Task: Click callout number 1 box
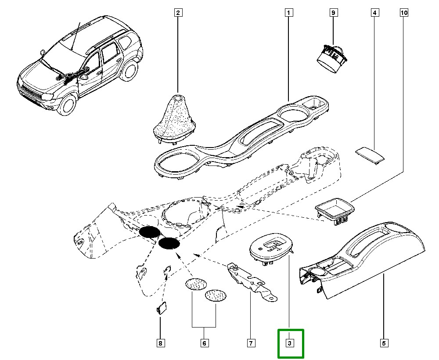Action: pos(288,13)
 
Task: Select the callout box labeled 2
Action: pos(178,13)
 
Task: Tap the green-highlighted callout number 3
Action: pos(290,343)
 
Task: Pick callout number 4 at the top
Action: pos(374,13)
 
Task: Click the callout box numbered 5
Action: pos(383,343)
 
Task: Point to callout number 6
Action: pos(204,343)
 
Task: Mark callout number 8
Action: pos(161,343)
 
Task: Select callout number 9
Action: pos(333,13)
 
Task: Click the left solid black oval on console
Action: pos(150,233)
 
